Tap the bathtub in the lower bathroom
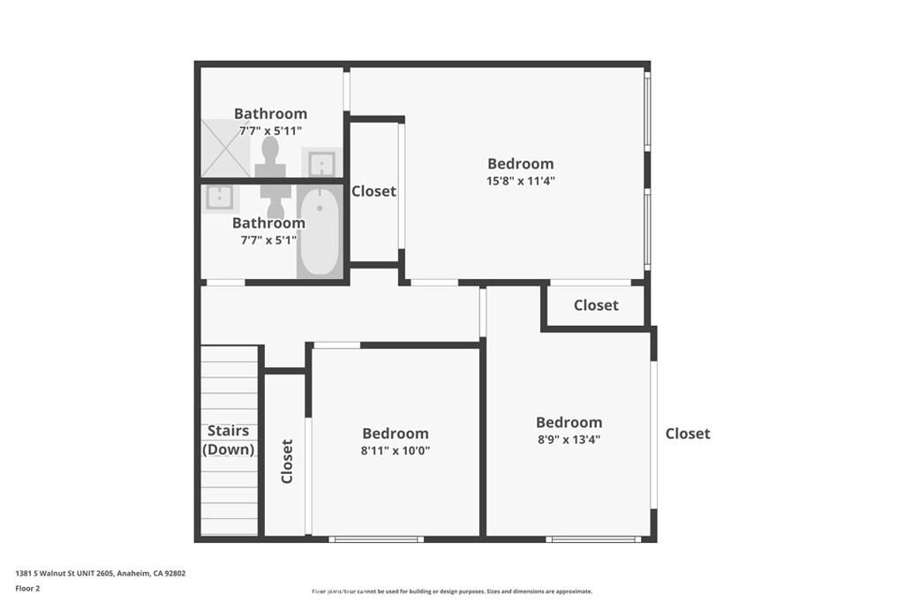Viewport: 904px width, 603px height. pos(318,233)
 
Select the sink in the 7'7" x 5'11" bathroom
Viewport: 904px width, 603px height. pos(321,162)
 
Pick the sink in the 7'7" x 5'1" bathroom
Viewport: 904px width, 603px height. pos(217,198)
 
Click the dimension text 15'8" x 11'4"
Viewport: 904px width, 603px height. pos(521,181)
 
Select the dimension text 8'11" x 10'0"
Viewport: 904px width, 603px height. pos(395,450)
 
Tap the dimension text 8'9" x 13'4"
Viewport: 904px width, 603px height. pos(569,439)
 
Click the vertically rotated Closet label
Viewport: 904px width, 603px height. pos(287,462)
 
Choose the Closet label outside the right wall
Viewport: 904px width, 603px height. pos(688,433)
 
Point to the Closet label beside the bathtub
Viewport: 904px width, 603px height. pos(373,192)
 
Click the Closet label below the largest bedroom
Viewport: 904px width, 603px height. pos(596,305)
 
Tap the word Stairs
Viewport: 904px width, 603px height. pos(228,432)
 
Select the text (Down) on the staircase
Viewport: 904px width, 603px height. pos(229,449)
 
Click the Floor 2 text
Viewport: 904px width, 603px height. pos(28,588)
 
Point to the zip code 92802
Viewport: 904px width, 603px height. pos(171,573)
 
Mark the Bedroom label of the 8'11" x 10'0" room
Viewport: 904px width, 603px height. pos(395,433)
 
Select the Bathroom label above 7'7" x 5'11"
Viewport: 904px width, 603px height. pos(270,114)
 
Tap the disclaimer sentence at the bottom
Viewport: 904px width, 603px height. pos(452,592)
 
